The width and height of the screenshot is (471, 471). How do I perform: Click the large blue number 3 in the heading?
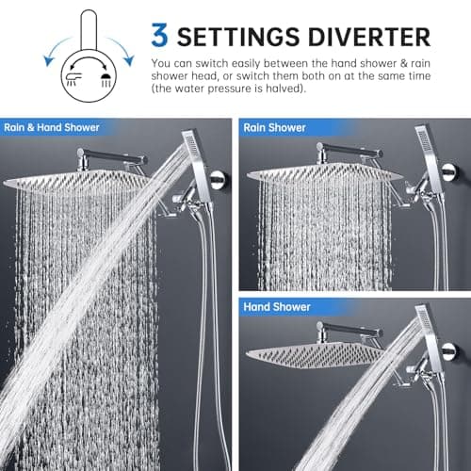click(x=162, y=35)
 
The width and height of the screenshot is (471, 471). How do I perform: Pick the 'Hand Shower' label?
click(x=277, y=307)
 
